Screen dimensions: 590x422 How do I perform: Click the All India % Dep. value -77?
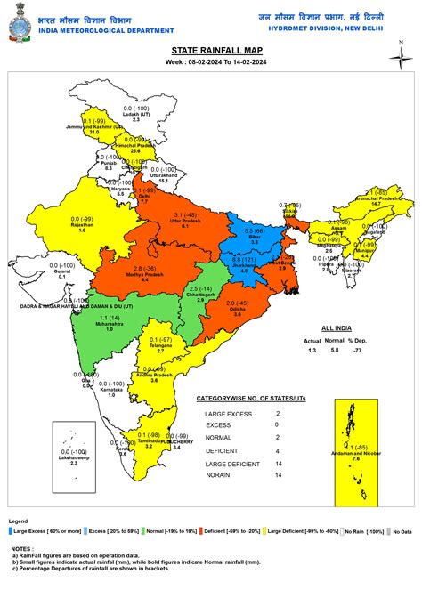[380, 351]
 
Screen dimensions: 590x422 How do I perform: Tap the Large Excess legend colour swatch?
[9, 530]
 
